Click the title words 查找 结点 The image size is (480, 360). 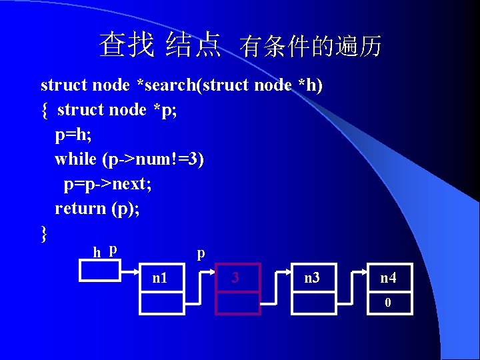(x=160, y=45)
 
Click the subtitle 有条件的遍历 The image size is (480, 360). (x=311, y=47)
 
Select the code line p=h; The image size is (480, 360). (x=73, y=134)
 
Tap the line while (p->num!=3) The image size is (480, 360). (x=129, y=159)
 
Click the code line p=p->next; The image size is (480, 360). (x=107, y=183)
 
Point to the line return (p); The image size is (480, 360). (x=97, y=208)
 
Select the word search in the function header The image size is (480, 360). (x=170, y=85)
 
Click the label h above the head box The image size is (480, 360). (x=97, y=252)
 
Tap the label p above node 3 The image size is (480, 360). (x=201, y=253)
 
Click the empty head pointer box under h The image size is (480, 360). (x=100, y=270)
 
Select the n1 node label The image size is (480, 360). (x=161, y=277)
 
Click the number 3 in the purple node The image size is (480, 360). (x=235, y=277)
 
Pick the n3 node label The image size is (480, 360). (x=312, y=277)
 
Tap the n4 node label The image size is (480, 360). (x=388, y=277)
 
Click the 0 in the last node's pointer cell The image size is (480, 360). (x=387, y=302)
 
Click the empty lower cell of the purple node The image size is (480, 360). (x=237, y=303)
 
